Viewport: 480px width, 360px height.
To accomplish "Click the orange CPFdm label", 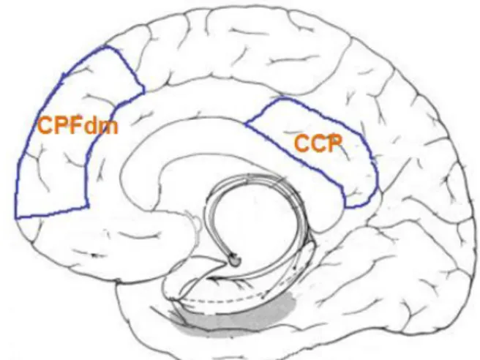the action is pos(78,126).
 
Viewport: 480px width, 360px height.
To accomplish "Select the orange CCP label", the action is pos(318,143).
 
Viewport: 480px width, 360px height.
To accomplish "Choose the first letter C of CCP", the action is pos(301,143).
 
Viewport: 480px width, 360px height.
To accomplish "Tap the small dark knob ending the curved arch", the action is pos(236,260).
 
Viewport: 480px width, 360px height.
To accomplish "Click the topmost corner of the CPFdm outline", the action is pos(106,47).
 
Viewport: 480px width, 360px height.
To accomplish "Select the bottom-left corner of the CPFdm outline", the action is pos(16,218).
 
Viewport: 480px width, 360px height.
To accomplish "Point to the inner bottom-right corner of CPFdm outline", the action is pos(89,206).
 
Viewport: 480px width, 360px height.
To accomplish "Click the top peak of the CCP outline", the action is pos(282,98).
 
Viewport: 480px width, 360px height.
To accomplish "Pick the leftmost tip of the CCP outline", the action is pos(246,124).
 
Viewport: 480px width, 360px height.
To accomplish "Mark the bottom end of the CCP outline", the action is pos(347,208).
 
